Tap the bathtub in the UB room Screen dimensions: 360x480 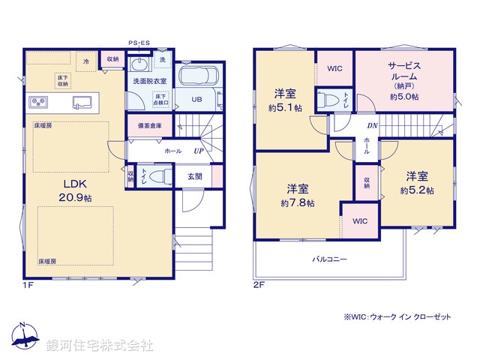[196, 76]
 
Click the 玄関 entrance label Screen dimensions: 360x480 [194, 176]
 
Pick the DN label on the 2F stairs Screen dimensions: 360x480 [373, 126]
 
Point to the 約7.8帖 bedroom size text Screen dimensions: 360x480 [298, 203]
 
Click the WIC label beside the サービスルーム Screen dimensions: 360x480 [334, 68]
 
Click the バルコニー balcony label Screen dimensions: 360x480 [329, 259]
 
